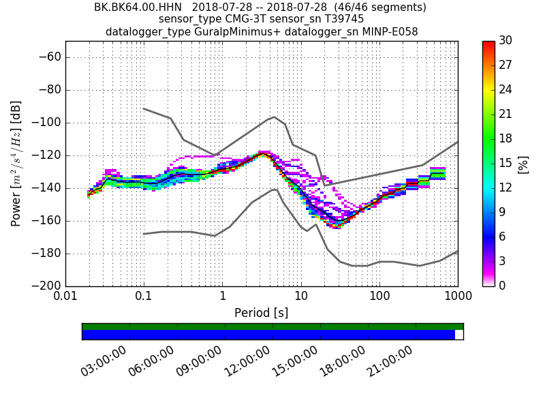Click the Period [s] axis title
coord(261,313)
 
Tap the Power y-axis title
coord(16,164)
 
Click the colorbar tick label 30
coord(505,41)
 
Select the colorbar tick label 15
coord(505,163)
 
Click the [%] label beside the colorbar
coord(523,164)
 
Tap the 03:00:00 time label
coord(104,361)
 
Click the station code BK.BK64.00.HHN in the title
coord(138,7)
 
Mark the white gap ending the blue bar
coord(459,335)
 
